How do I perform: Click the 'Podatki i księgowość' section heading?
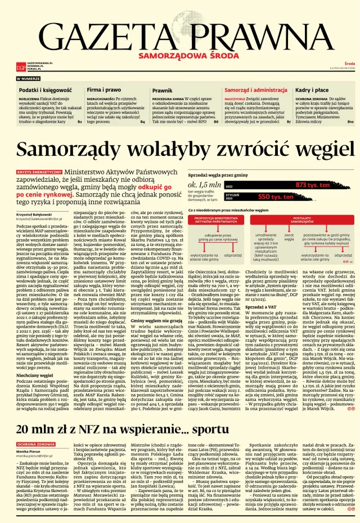40,90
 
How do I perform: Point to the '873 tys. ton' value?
314,184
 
